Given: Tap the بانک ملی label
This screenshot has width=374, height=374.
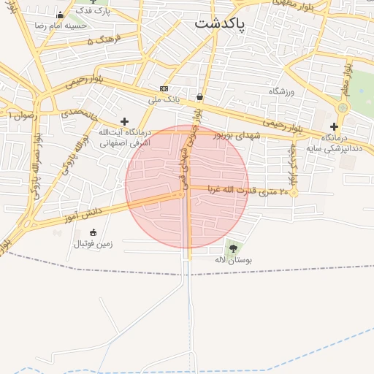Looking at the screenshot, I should coord(163,98).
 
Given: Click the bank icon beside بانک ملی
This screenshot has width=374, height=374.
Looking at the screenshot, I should coord(164,88).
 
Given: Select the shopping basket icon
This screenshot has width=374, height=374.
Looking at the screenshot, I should coord(199,96).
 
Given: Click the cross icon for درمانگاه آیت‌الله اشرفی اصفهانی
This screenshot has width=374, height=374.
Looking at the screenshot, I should coord(124,121).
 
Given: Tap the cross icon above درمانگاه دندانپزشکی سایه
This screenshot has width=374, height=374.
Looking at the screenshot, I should coord(334,126).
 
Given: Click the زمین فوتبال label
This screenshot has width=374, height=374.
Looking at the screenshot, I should coord(93,243).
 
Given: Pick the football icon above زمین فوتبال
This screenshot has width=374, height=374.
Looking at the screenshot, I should coord(93,232).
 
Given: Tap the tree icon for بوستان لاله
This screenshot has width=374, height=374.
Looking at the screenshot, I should coord(233,248).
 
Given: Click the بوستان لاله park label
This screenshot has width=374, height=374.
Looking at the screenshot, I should coord(233,259).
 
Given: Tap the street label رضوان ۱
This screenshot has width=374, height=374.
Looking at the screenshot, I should coord(21,115).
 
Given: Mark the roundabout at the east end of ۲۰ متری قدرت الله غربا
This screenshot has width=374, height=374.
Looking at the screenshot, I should coord(294,193).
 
